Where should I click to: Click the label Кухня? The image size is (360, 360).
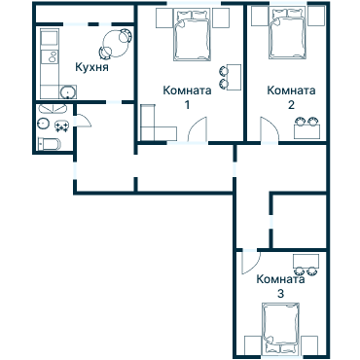(x=90, y=69)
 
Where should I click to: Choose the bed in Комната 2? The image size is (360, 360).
(x=286, y=36)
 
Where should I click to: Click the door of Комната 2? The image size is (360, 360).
(x=265, y=127)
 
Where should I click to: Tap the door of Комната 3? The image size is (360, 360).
(x=247, y=262)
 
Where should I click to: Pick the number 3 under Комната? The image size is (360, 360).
(x=280, y=293)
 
